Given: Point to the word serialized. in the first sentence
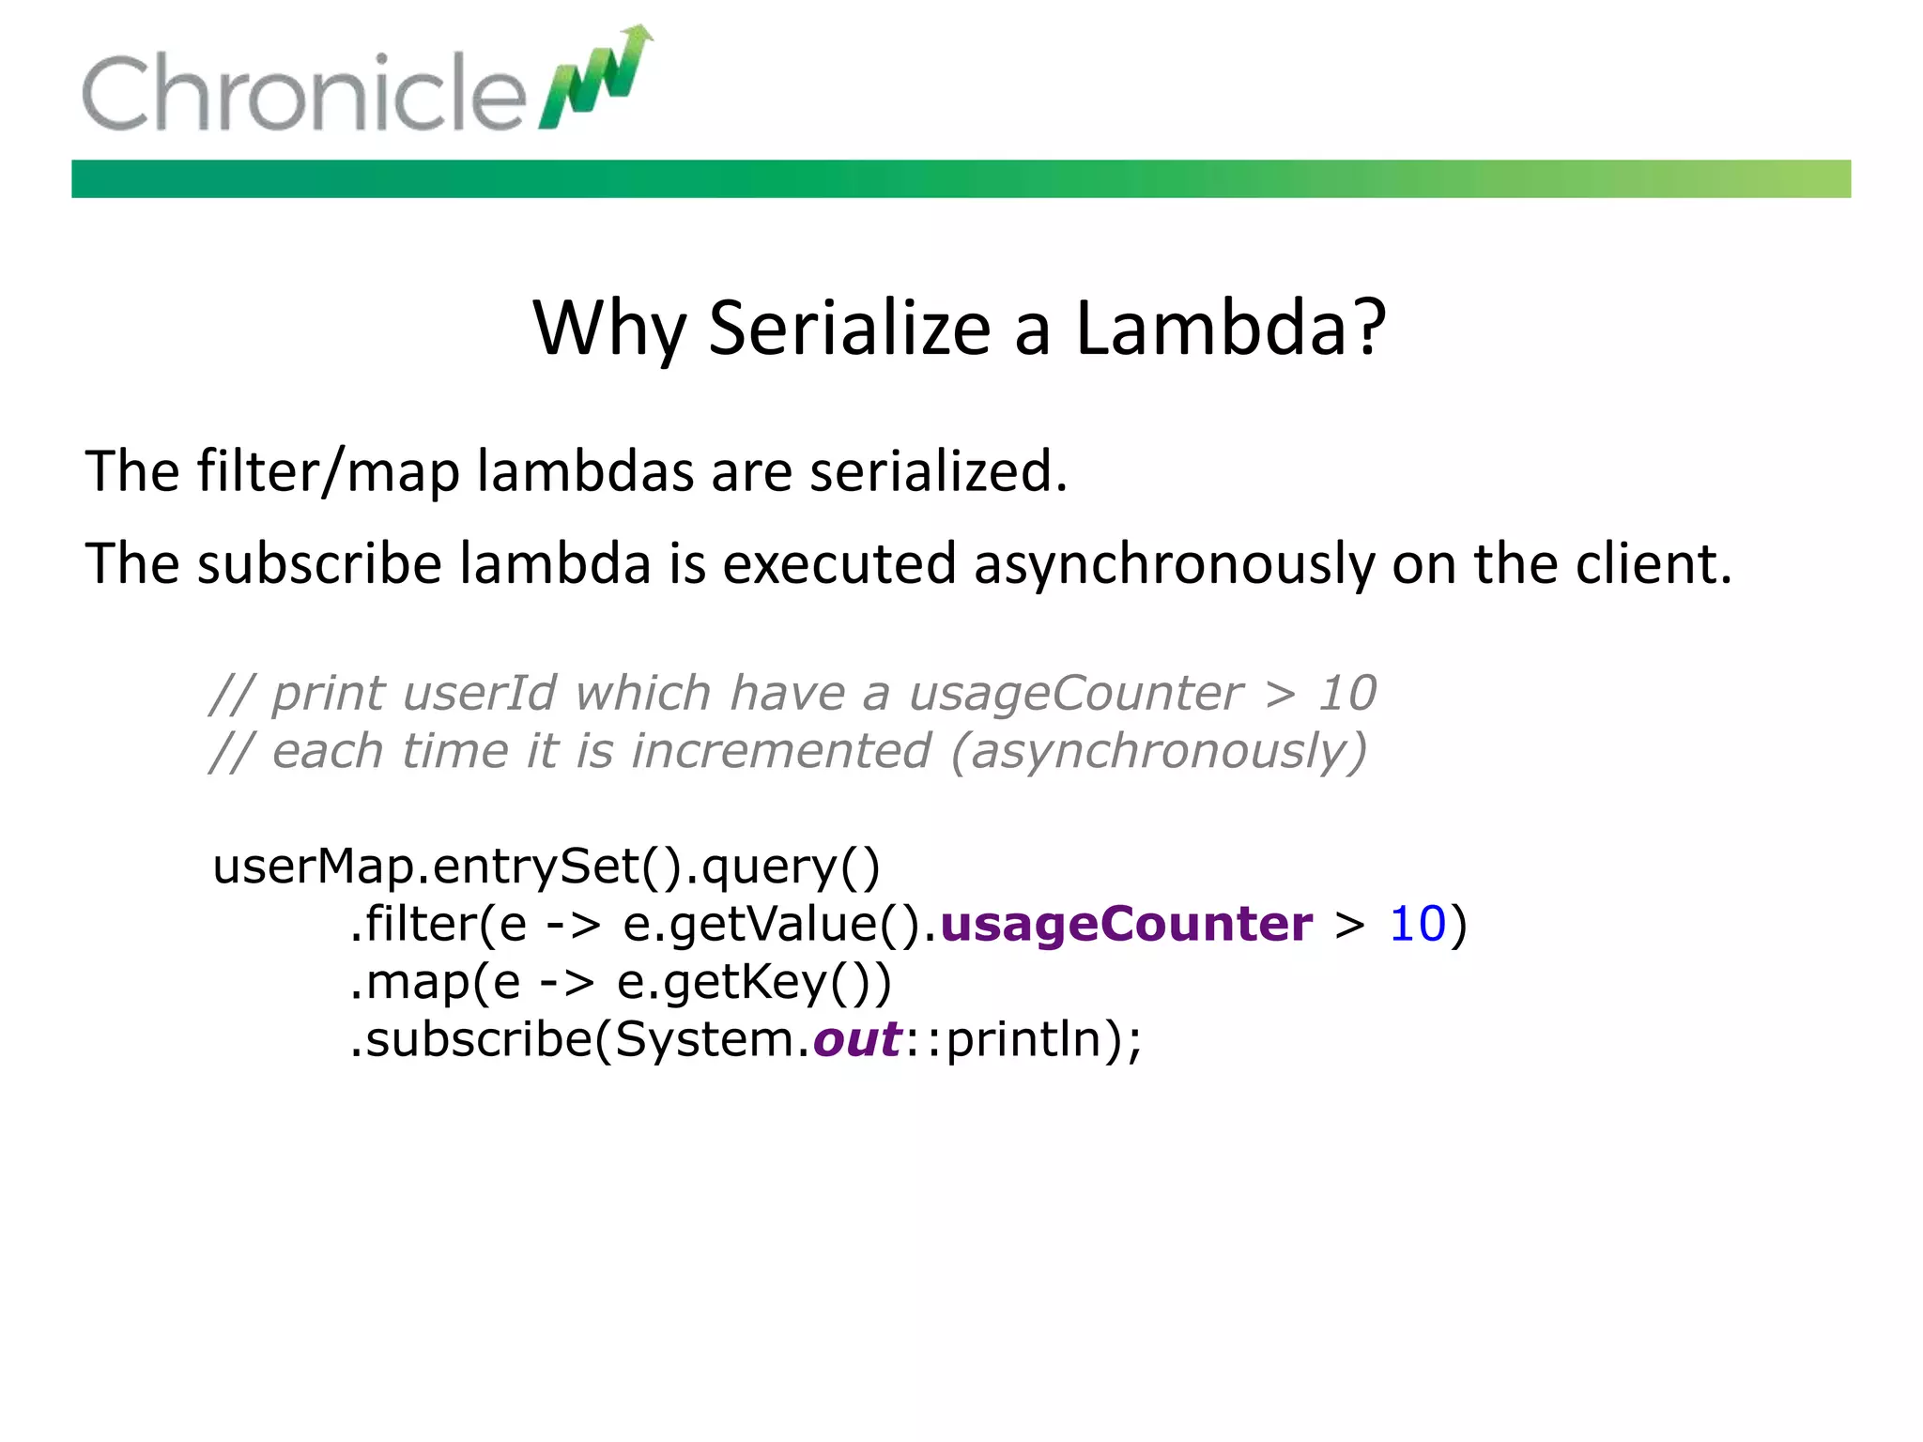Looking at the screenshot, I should click(938, 471).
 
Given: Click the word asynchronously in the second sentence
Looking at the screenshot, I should click(1174, 565).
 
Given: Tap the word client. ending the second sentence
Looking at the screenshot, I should click(1653, 565).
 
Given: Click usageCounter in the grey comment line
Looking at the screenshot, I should click(1075, 694).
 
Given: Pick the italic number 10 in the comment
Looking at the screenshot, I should click(1346, 694).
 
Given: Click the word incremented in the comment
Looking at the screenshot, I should click(780, 752).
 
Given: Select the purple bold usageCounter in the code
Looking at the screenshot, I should click(1126, 924).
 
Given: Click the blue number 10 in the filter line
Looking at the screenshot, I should click(1417, 924).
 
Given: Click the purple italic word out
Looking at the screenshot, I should click(857, 1039).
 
